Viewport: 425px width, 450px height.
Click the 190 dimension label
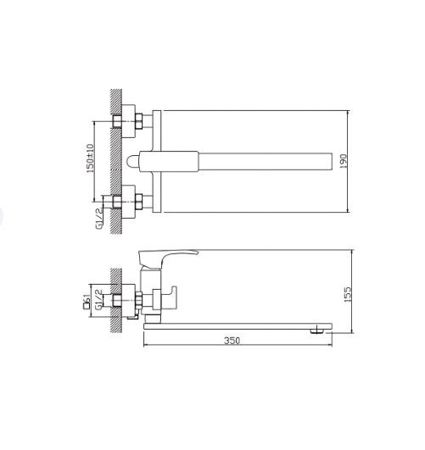click(x=344, y=161)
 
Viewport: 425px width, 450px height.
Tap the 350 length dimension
click(x=232, y=341)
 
